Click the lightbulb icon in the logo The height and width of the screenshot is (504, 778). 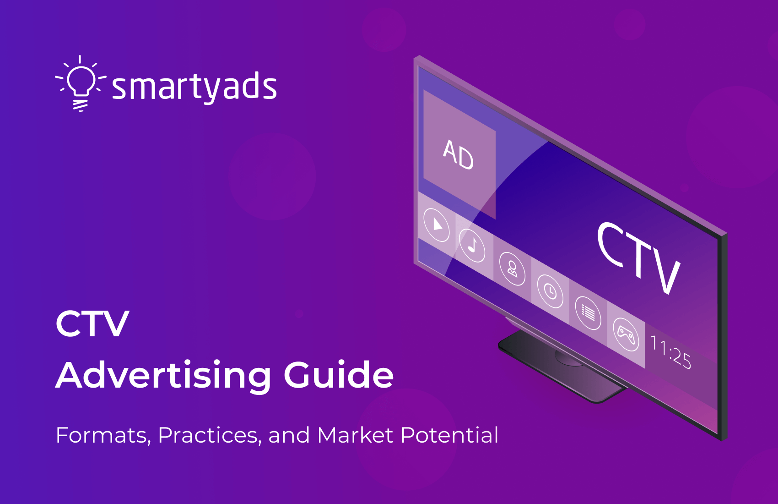pyautogui.click(x=81, y=83)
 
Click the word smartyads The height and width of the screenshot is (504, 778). pyautogui.click(x=194, y=87)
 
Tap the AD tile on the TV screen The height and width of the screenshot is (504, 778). pyautogui.click(x=459, y=154)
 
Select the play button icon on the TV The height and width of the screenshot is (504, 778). pyautogui.click(x=437, y=225)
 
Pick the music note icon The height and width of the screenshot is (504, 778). pyautogui.click(x=472, y=245)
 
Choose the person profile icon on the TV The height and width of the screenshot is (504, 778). pyautogui.click(x=512, y=268)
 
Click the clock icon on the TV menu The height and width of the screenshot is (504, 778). pyautogui.click(x=550, y=291)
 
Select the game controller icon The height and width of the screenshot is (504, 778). pyautogui.click(x=626, y=334)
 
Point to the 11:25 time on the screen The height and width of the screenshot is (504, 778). pyautogui.click(x=670, y=351)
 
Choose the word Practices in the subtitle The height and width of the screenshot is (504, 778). pyautogui.click(x=210, y=435)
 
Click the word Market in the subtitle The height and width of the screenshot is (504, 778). pyautogui.click(x=355, y=435)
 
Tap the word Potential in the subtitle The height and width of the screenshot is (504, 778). pyautogui.click(x=450, y=435)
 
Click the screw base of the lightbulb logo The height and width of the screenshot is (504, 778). pyautogui.click(x=81, y=104)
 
